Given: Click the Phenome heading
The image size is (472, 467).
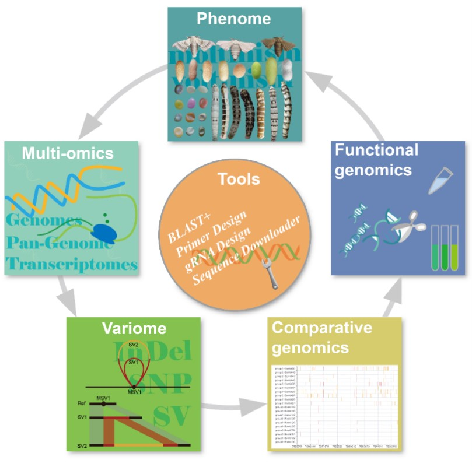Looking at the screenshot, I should point(234,18).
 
